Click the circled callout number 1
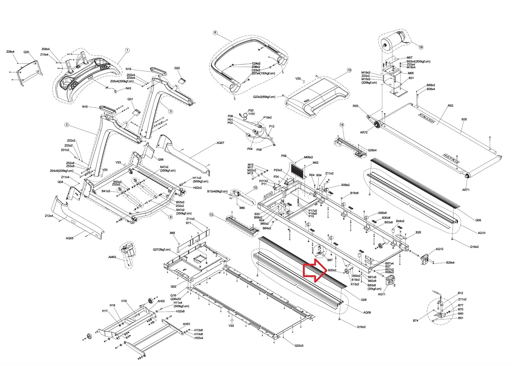click(x=127, y=50)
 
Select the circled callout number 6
click(x=215, y=33)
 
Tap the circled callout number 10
click(x=349, y=70)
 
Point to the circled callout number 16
click(x=421, y=47)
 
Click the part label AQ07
click(x=220, y=143)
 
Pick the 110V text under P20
click(x=251, y=114)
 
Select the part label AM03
click(x=112, y=257)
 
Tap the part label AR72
click(x=363, y=132)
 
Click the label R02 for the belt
click(x=450, y=106)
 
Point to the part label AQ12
click(x=439, y=249)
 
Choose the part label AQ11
click(x=382, y=294)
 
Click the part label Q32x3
click(x=299, y=345)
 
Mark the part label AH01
click(x=186, y=324)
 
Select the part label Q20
click(x=26, y=52)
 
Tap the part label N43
click(x=128, y=88)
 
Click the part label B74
click(x=416, y=321)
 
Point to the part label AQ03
click(x=69, y=238)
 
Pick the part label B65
click(x=172, y=233)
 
